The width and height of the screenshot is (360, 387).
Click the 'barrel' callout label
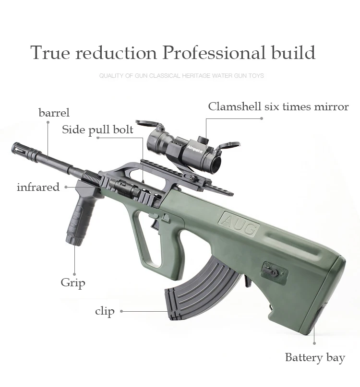(x=54, y=113)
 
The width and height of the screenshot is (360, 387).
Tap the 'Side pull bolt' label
(x=97, y=130)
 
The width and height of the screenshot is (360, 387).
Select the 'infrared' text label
(x=38, y=187)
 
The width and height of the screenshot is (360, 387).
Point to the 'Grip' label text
(x=73, y=282)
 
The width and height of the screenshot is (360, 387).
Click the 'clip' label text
(x=105, y=311)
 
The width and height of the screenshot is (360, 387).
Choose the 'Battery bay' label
(x=315, y=357)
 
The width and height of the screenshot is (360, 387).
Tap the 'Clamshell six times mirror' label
(x=278, y=106)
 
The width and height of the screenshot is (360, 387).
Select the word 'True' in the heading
(x=50, y=52)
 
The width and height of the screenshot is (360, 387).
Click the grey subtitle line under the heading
(x=181, y=76)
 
